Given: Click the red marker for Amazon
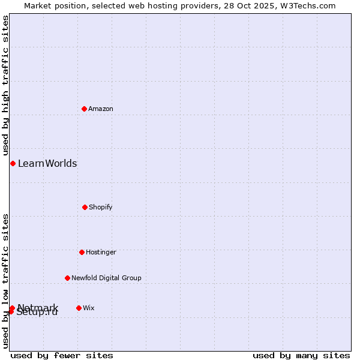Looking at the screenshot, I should click(84, 109).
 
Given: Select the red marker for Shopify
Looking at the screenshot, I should click(85, 207).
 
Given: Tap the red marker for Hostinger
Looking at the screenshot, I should click(82, 252).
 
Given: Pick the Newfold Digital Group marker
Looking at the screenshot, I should click(67, 278).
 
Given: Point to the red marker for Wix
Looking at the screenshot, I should click(79, 308).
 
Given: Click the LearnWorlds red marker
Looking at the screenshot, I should click(13, 163).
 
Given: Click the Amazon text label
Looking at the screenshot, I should click(101, 109).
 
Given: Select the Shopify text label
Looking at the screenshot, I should click(101, 207).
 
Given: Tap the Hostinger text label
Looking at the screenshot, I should click(101, 252).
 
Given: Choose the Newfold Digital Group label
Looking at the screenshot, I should click(107, 278).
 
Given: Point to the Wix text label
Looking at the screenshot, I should click(89, 308).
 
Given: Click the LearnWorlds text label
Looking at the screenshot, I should click(47, 163).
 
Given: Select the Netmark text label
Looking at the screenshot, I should click(38, 307).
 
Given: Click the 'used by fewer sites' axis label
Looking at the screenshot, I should click(62, 355).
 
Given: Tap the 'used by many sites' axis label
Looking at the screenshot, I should click(301, 355).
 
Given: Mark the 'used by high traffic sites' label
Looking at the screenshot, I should click(5, 86).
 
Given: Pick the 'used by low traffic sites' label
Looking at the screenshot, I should click(5, 281).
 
